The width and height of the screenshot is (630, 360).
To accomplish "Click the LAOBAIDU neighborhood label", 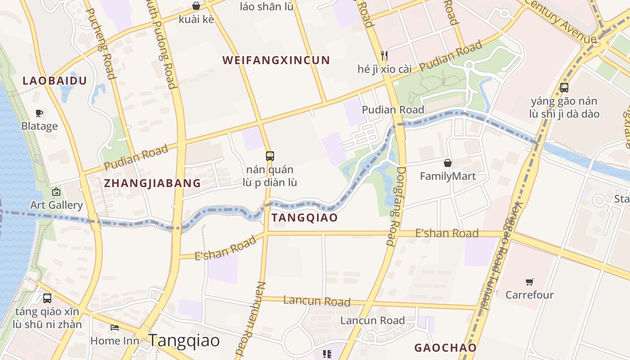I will point(54,81).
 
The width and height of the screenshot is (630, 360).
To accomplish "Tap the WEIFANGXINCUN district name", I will point(276,60).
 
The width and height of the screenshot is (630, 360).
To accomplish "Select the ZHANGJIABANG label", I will point(152,183).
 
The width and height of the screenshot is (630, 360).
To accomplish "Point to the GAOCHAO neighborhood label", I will point(445,348).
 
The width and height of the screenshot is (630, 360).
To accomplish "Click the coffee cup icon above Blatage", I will point(39,113).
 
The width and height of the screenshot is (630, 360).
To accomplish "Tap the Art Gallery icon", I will point(56,192).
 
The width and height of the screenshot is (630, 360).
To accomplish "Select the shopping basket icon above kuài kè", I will point(196,6).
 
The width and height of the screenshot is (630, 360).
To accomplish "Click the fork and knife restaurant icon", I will point(384,55).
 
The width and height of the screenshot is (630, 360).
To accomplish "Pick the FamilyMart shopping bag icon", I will point(447,162).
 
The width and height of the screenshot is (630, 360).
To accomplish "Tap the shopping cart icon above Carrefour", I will point(530,282).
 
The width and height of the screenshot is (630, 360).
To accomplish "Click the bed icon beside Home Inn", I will point(115,327).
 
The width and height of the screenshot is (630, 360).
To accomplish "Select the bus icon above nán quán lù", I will point(270,156).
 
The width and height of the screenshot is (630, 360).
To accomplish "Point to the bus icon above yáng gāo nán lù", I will point(564,88).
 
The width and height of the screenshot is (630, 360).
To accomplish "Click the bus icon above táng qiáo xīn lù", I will point(47,298).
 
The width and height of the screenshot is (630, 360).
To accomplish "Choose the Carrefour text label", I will point(529,295).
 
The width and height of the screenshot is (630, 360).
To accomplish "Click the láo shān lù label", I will point(266,6).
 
